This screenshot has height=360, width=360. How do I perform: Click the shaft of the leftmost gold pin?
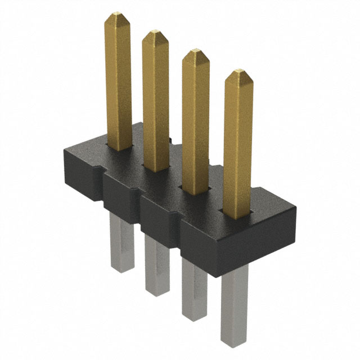point(118,84)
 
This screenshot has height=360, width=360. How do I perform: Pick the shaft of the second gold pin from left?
point(156,101)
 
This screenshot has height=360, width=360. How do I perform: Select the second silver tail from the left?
point(156,262)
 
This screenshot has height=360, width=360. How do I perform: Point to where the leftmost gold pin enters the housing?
point(119,148)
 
